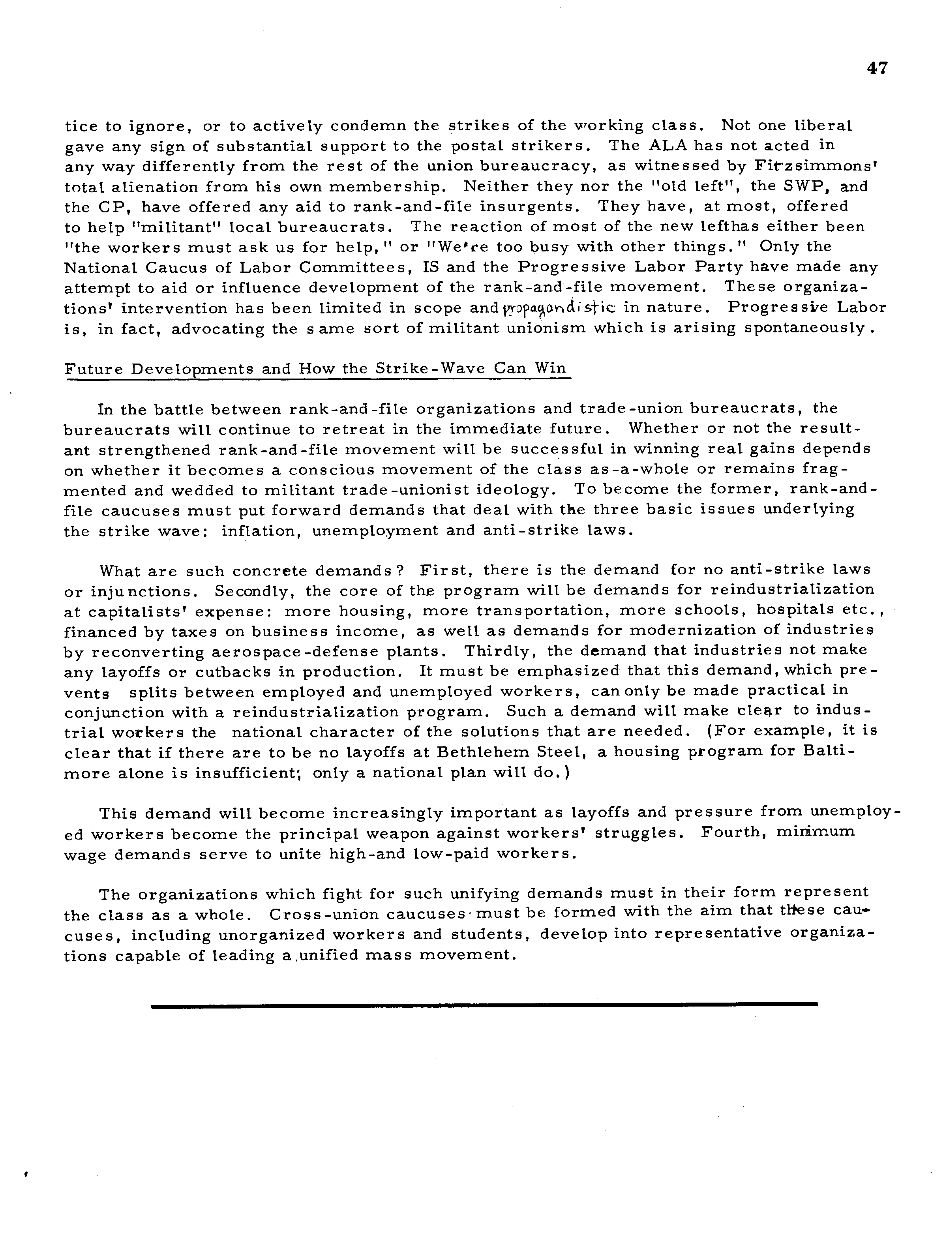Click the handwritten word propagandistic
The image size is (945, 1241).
tap(563, 308)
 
